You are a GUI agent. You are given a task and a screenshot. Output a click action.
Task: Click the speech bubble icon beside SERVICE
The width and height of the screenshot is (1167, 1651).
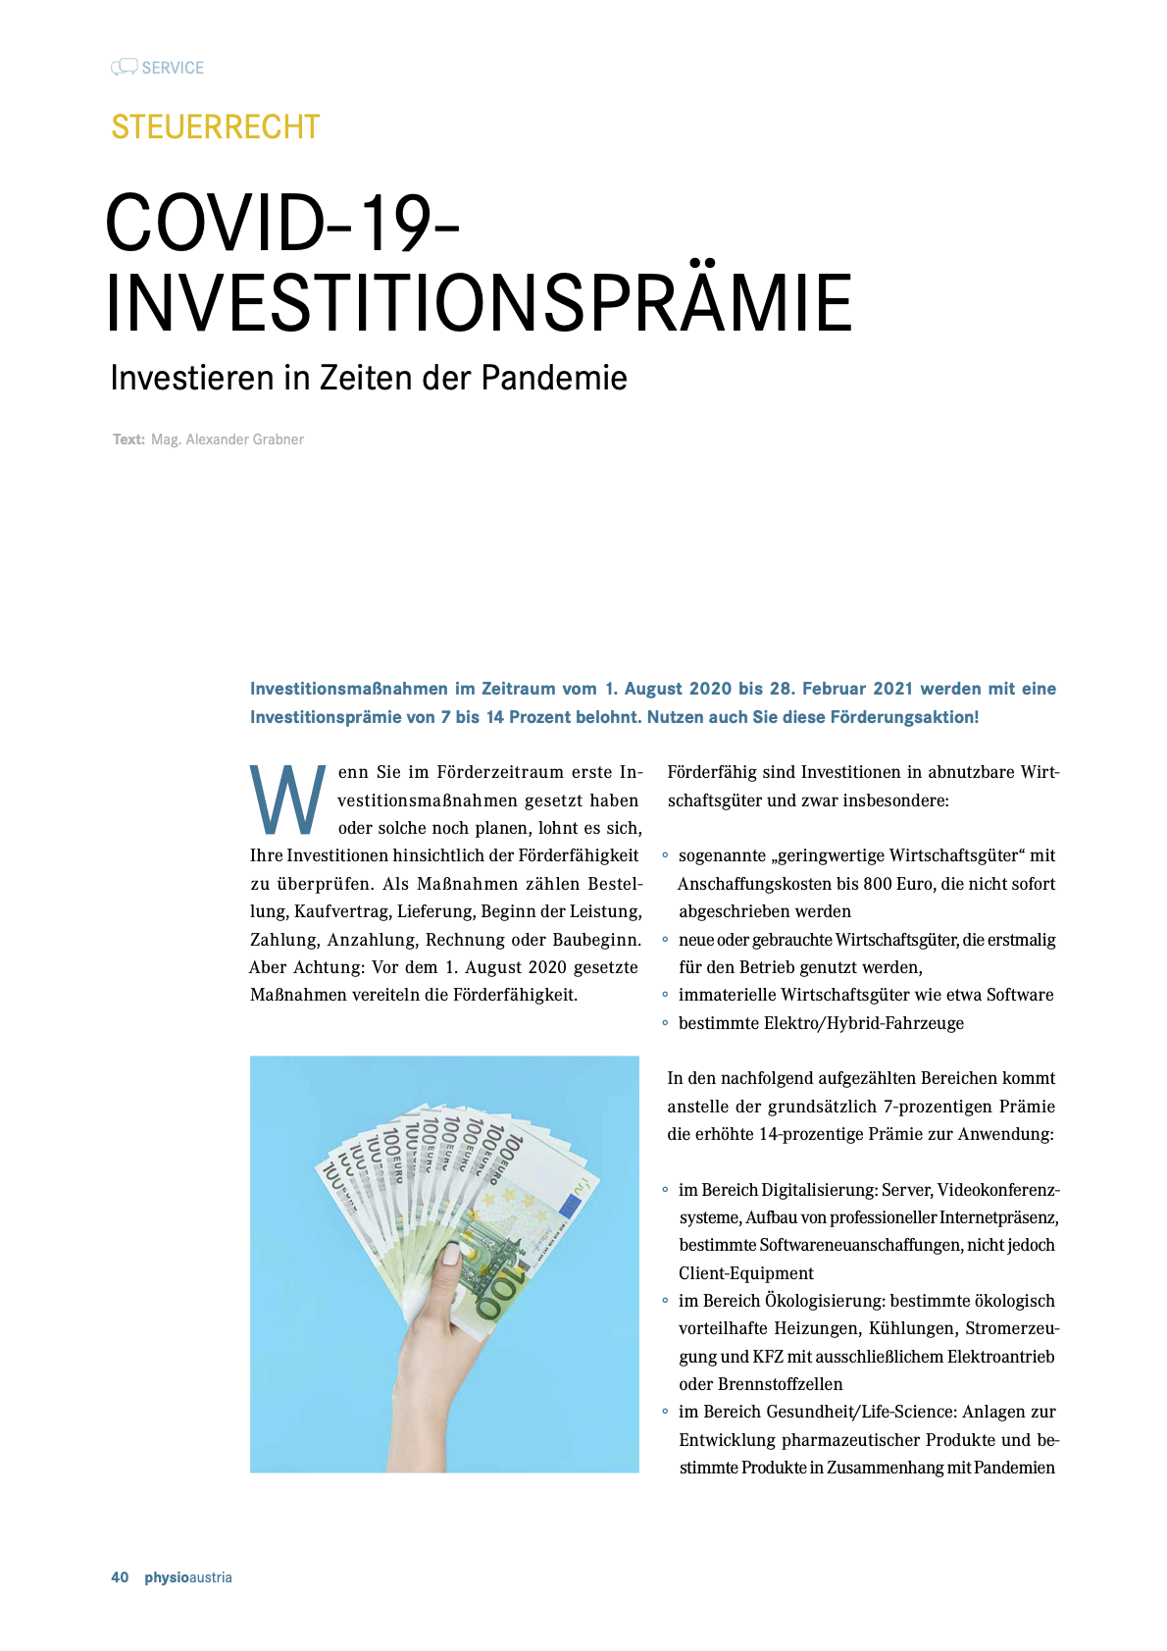[x=124, y=67]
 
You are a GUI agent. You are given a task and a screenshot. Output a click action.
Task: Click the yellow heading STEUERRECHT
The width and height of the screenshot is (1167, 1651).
[x=216, y=127]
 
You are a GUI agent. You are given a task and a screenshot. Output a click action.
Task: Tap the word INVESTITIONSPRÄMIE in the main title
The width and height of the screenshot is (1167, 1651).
[x=479, y=303]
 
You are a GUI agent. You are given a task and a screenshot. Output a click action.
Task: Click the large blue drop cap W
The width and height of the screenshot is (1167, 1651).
[x=287, y=800]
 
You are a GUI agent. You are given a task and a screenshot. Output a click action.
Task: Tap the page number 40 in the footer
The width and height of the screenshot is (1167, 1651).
[x=120, y=1577]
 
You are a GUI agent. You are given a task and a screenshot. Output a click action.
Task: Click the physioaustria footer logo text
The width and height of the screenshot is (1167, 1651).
[x=188, y=1577]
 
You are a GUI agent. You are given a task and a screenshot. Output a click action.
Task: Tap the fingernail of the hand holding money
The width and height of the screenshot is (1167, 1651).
[x=452, y=1253]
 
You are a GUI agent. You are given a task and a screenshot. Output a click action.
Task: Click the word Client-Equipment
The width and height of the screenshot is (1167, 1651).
[x=746, y=1273]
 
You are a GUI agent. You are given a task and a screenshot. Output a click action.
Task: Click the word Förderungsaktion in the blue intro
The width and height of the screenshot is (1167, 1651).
[x=903, y=717]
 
